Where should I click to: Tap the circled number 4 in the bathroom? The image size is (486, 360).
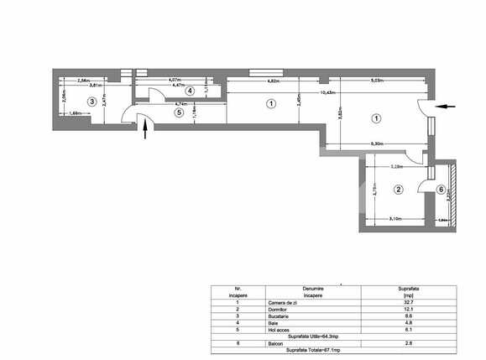(x=191, y=91)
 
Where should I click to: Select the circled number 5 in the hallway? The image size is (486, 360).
(x=178, y=111)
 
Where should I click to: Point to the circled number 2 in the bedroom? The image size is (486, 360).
(x=399, y=190)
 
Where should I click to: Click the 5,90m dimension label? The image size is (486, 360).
(x=378, y=144)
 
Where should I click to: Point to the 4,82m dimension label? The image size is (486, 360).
(x=274, y=81)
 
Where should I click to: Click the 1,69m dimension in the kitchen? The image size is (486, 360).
(x=74, y=112)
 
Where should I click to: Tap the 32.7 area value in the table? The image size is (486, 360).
(x=408, y=302)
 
